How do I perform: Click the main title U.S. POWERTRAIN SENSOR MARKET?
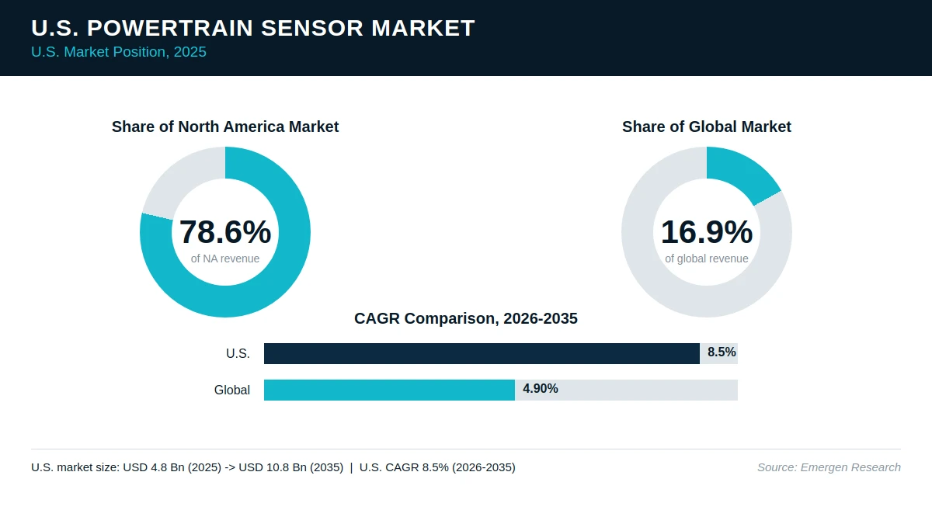pos(253,28)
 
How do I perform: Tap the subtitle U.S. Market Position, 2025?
pos(119,52)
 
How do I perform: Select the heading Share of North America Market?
pos(225,127)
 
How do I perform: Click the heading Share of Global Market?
pos(707,127)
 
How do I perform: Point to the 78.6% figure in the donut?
pos(225,231)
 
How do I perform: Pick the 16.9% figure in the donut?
pos(707,231)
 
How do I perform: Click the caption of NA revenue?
pos(225,259)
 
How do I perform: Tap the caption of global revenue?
pos(707,259)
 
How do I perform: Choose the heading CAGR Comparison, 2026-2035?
pos(466,318)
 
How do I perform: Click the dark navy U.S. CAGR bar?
pos(482,353)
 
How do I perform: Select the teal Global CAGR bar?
pos(389,390)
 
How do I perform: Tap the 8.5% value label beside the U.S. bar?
pos(722,352)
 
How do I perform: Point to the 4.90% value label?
pos(541,388)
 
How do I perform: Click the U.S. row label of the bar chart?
pos(238,353)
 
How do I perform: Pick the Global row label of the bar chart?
pos(232,390)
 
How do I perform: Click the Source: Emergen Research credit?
pos(829,467)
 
